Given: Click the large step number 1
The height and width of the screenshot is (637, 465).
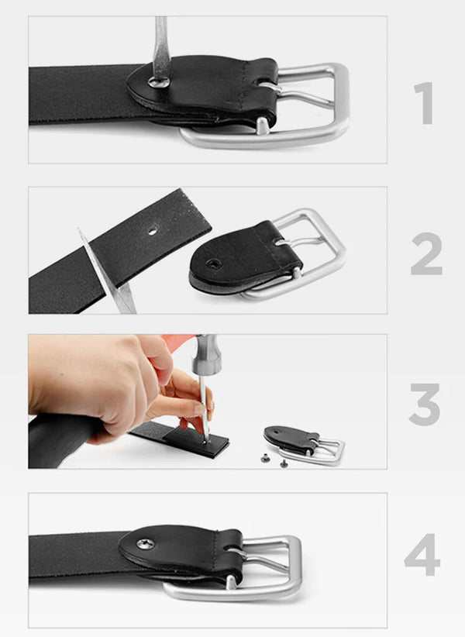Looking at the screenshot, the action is [x=424, y=103].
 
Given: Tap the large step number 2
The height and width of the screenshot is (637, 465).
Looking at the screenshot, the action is [x=426, y=254].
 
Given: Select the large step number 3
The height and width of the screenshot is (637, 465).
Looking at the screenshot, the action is [x=425, y=405].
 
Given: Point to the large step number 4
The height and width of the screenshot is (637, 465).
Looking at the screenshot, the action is [x=422, y=555].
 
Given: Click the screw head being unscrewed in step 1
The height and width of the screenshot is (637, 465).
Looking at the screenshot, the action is [x=158, y=81].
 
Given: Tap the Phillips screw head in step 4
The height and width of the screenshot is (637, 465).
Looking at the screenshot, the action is [x=146, y=543].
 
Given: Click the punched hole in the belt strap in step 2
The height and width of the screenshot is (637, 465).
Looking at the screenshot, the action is [x=153, y=232].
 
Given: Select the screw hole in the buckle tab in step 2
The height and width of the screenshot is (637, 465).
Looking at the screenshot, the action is [x=213, y=264].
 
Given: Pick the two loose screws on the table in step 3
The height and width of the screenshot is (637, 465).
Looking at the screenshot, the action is [x=275, y=460].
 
